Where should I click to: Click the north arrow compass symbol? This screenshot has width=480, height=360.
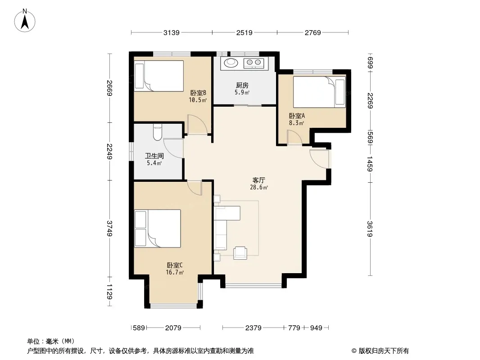(25, 21)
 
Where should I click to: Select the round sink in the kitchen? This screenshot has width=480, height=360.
(231, 63)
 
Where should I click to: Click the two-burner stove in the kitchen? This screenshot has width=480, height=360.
(254, 63)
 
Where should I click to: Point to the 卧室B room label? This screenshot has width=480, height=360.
(198, 93)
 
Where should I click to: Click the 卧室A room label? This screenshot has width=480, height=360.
(297, 116)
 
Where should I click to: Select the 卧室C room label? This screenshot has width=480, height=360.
(175, 265)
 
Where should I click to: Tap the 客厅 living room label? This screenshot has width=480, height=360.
(258, 180)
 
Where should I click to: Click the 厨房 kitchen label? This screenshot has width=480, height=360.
(242, 85)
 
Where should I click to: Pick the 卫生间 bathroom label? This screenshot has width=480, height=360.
(154, 156)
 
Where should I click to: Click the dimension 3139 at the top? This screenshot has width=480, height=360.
(172, 32)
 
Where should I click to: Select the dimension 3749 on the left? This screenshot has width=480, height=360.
(109, 228)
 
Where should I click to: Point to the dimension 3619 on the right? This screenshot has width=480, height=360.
(370, 229)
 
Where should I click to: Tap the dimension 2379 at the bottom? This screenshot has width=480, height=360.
(254, 328)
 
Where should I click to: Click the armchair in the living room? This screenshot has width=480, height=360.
(240, 253)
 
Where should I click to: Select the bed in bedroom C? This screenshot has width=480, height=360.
(158, 229)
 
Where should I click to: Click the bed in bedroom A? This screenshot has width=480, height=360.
(319, 92)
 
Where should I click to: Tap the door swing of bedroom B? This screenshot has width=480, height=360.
(198, 124)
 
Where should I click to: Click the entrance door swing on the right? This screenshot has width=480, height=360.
(319, 159)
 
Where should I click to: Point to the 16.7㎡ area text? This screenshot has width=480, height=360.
(175, 273)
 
